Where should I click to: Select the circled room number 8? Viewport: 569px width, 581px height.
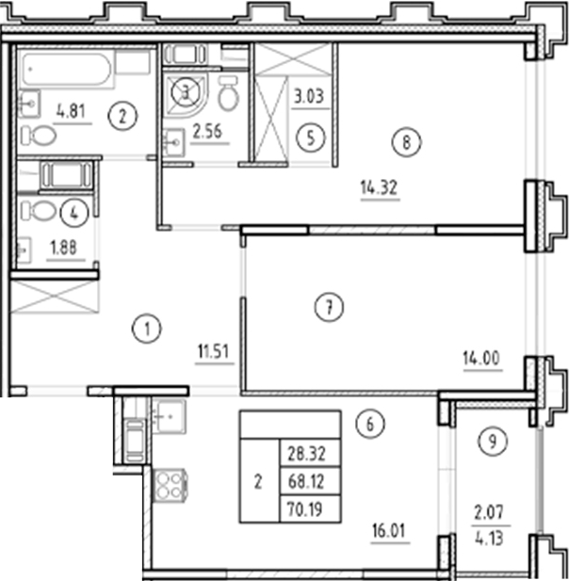[x=406, y=143]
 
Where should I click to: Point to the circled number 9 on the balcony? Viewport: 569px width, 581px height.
[x=490, y=441]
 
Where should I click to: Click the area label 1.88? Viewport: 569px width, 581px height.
[x=63, y=250]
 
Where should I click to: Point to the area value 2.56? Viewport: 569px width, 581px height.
[x=206, y=131]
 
